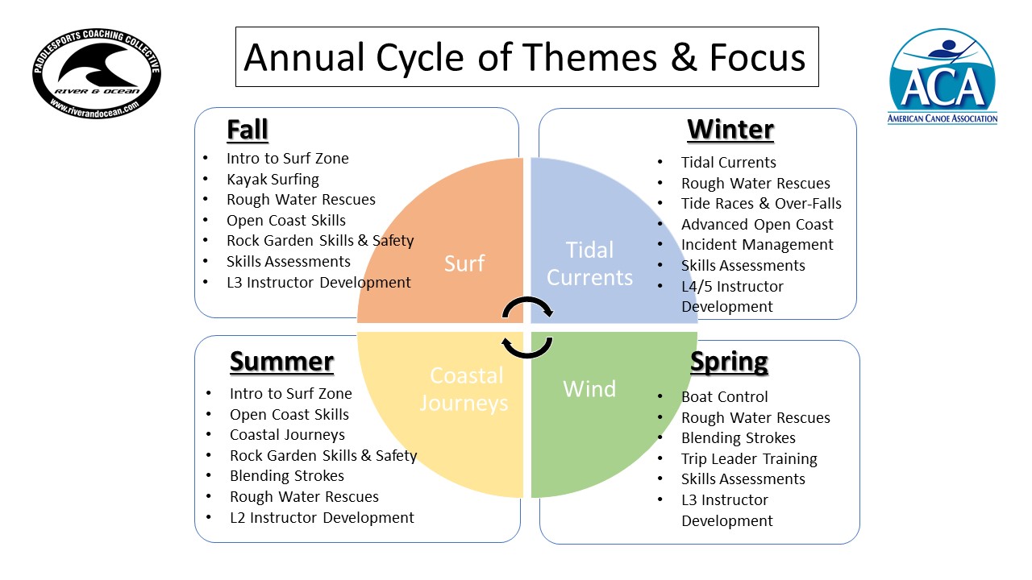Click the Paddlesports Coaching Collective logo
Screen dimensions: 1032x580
(x=97, y=73)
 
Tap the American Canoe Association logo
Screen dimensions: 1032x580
(x=943, y=77)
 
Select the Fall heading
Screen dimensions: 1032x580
(x=248, y=130)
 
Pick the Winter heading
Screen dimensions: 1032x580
(x=730, y=130)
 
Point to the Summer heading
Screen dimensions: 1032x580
(x=282, y=362)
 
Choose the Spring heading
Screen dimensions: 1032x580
(x=730, y=362)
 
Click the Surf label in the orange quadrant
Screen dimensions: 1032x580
(x=464, y=263)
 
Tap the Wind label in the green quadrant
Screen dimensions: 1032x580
(x=589, y=389)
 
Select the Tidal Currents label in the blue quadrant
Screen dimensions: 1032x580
(x=589, y=263)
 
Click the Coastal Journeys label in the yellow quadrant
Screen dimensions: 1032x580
(x=464, y=389)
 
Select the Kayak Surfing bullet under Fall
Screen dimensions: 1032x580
(x=273, y=179)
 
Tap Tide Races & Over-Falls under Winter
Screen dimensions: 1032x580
(x=761, y=204)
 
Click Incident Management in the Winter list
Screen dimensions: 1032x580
(x=757, y=244)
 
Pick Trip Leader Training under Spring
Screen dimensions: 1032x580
(x=749, y=459)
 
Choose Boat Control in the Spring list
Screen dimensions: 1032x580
(x=724, y=397)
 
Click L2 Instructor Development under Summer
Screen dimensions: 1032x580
(x=322, y=518)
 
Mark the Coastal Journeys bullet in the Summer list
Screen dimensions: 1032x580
(x=287, y=435)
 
